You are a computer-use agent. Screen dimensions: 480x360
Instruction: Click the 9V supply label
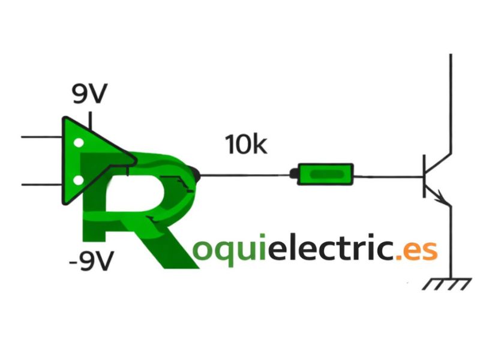[x=89, y=94]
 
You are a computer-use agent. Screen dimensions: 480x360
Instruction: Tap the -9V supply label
[x=92, y=261]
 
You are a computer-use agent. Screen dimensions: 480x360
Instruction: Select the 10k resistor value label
[x=246, y=145]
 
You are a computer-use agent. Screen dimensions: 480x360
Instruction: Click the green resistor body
[x=325, y=174]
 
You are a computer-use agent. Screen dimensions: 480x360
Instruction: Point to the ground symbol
[x=447, y=284]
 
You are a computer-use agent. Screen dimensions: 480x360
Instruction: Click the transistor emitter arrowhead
[x=441, y=197]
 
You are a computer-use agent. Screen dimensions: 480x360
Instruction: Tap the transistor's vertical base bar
[x=424, y=176]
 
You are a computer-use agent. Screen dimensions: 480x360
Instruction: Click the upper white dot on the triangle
[x=79, y=143]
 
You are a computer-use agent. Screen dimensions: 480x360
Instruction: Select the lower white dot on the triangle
[x=79, y=181]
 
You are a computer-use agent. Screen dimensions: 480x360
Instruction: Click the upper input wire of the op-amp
[x=41, y=137]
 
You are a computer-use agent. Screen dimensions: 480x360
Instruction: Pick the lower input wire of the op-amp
[x=41, y=185]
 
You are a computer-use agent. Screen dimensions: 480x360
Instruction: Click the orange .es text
[x=416, y=250]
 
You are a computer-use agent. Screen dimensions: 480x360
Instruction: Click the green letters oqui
[x=229, y=250]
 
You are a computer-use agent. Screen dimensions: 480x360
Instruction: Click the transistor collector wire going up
[x=451, y=103]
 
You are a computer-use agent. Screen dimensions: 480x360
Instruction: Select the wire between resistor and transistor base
[x=388, y=176]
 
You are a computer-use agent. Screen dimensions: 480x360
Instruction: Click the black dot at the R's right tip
[x=196, y=175]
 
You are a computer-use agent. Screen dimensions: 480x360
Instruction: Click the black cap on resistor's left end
[x=293, y=173]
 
